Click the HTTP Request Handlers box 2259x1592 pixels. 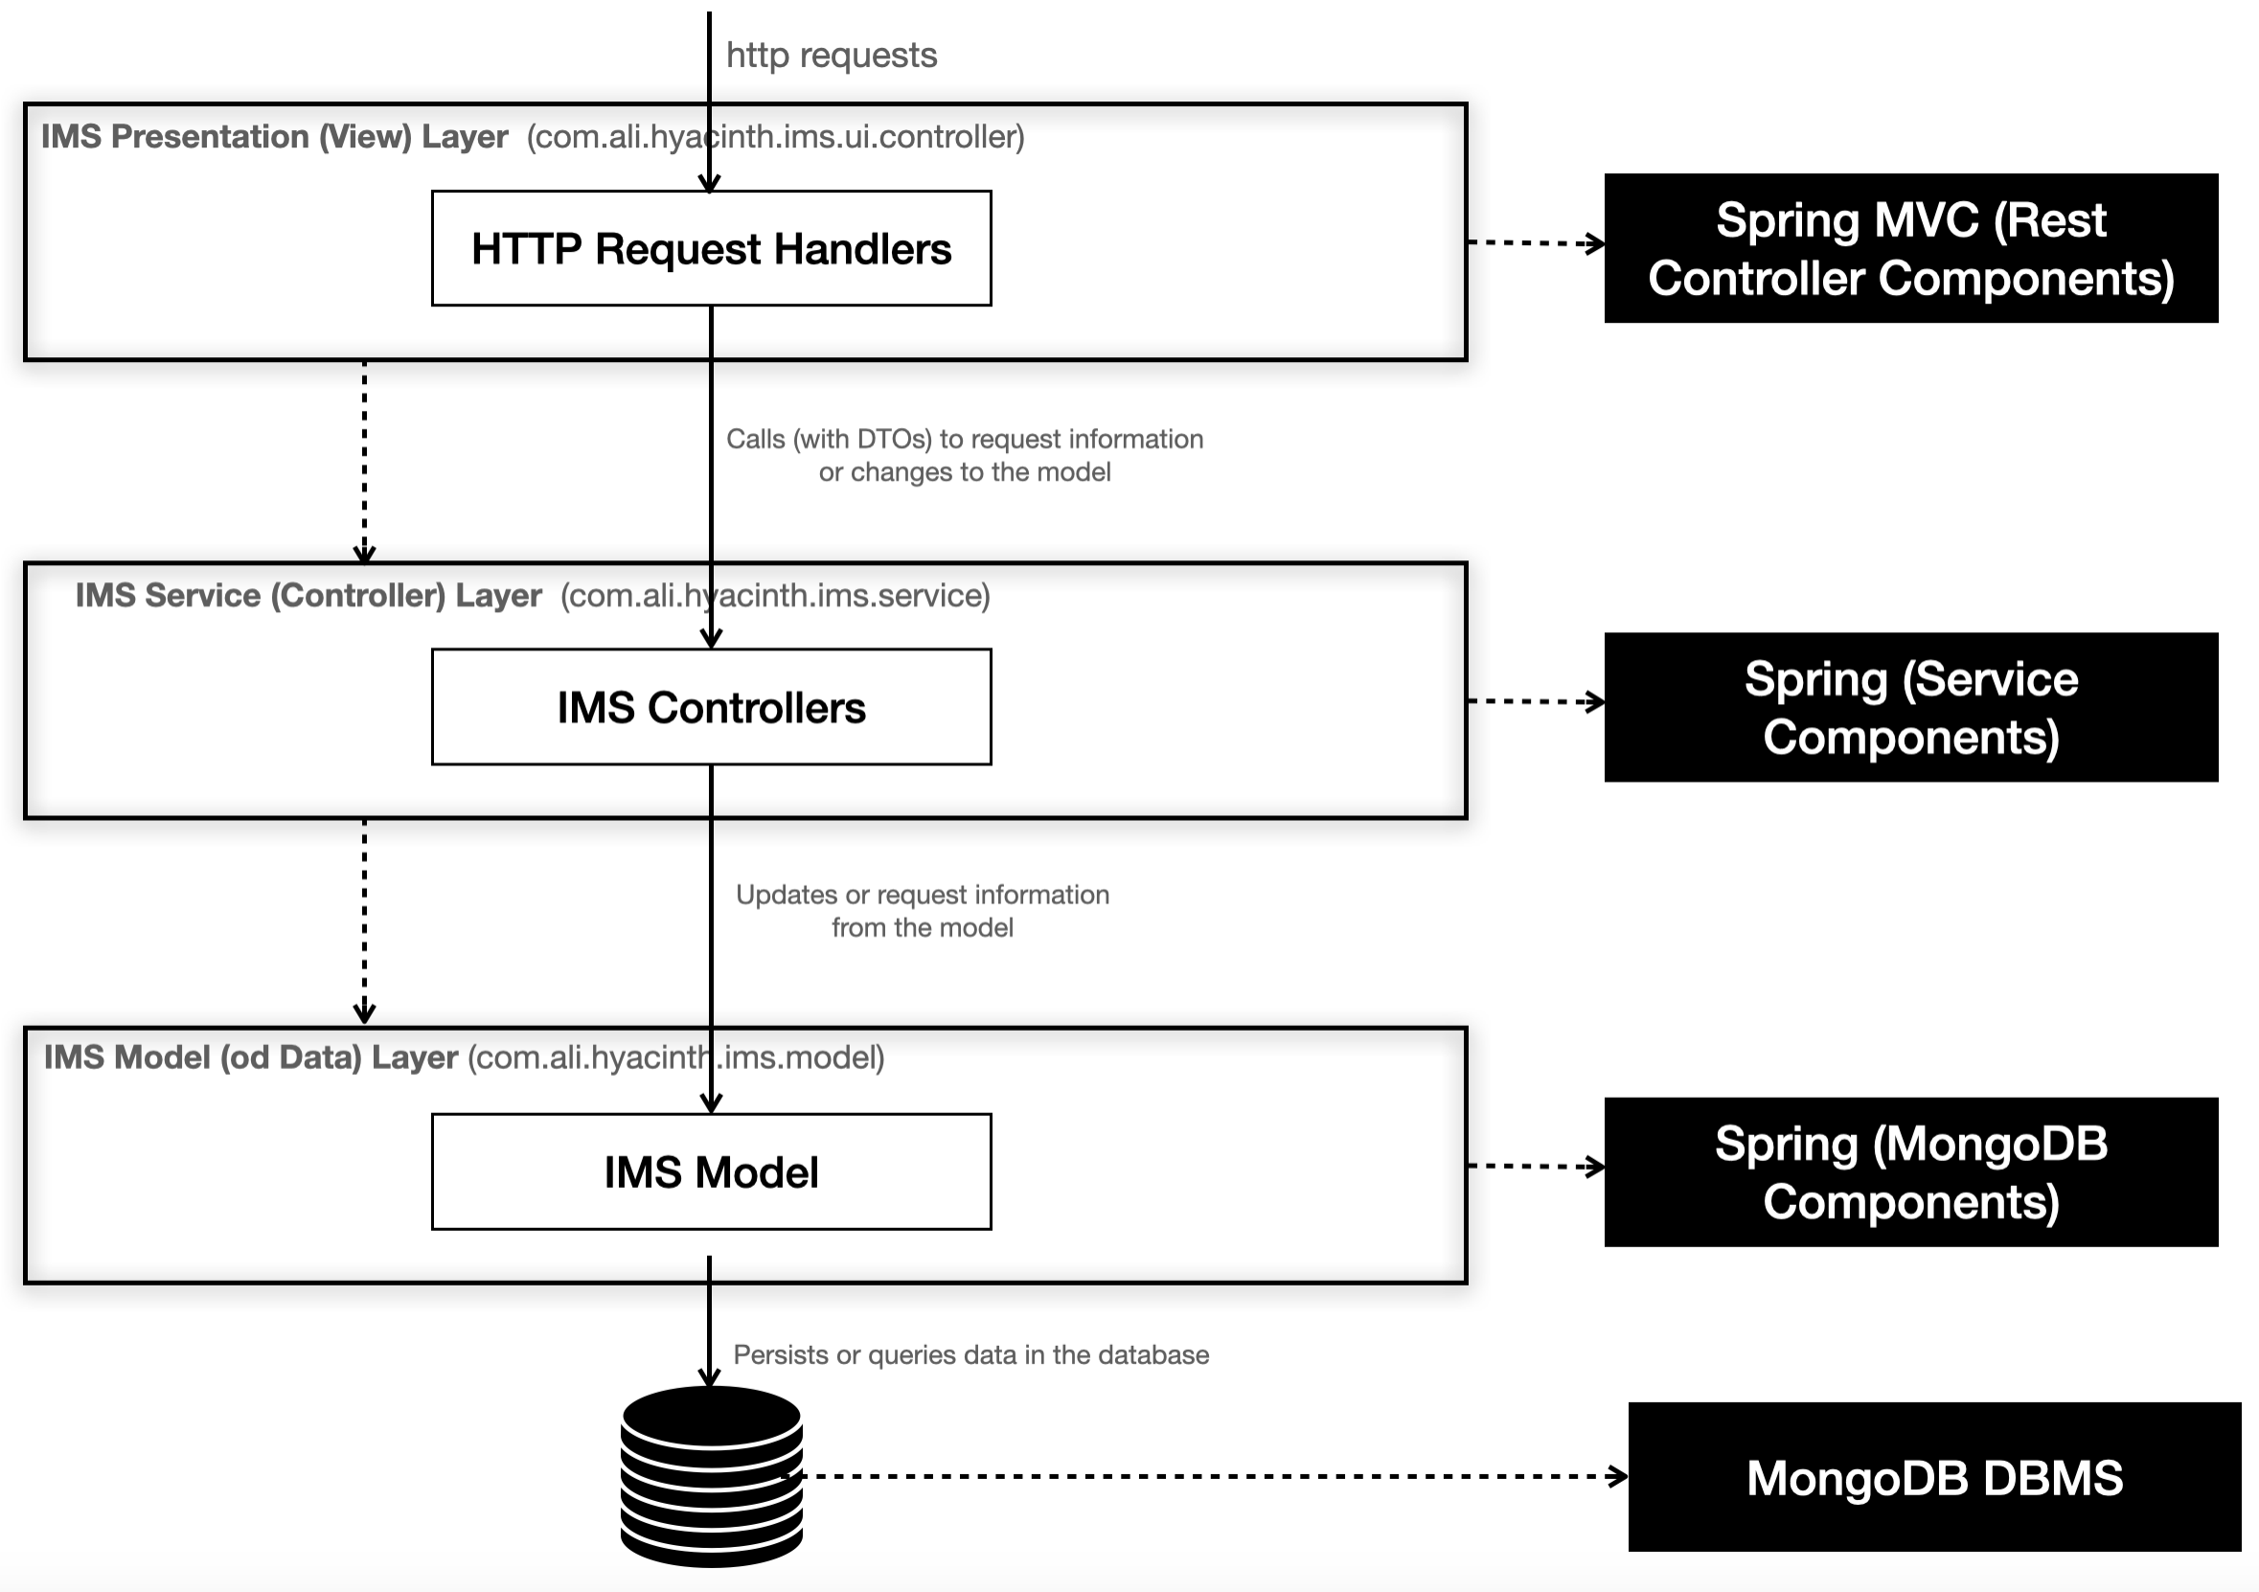[x=710, y=248]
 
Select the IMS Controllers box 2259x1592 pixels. [x=710, y=707]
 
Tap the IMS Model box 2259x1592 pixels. [x=710, y=1171]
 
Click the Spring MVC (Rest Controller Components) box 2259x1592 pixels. [x=1909, y=248]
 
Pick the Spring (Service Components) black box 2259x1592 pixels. [x=1909, y=707]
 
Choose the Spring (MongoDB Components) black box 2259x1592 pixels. [x=1909, y=1171]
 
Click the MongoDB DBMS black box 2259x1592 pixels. [x=1933, y=1477]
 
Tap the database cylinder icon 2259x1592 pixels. [x=710, y=1476]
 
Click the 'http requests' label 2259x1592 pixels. [x=832, y=56]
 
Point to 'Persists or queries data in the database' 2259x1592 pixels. [x=970, y=1354]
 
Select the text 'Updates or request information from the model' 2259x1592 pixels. [x=922, y=910]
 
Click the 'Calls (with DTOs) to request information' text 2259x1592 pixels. [x=964, y=439]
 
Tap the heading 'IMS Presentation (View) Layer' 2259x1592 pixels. [x=275, y=136]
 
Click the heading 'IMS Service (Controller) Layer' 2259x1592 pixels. [x=308, y=595]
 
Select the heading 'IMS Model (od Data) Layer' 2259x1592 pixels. [x=251, y=1057]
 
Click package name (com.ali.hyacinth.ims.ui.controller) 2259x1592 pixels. [x=775, y=136]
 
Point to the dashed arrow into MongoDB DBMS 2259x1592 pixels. [x=1210, y=1476]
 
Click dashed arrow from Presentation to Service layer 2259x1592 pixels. [x=364, y=461]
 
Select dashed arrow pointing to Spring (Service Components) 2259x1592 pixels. [x=1535, y=701]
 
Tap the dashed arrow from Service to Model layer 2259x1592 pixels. [x=364, y=920]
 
